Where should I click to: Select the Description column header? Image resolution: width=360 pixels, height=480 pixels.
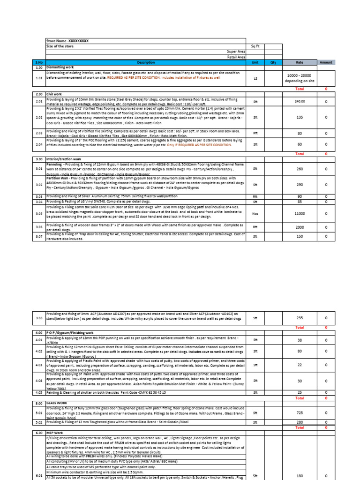145,62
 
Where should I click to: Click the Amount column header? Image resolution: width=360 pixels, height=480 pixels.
326,62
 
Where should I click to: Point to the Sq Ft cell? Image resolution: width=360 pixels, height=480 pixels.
255,46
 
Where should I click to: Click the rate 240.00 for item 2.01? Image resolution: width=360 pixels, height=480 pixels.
300,101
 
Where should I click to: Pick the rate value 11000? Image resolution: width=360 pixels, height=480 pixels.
300,213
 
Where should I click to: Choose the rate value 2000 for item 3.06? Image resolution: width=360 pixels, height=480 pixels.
300,227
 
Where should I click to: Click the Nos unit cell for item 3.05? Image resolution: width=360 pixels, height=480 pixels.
255,213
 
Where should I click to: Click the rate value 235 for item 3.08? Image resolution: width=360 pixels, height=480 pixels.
300,317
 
